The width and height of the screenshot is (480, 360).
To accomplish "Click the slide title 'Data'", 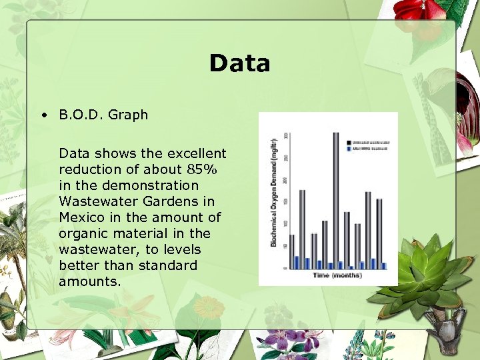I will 239,63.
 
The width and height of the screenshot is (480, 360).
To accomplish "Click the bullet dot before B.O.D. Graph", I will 43,115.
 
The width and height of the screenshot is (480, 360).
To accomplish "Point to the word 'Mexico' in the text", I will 81,217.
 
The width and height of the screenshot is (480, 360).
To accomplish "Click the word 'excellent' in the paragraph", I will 196,153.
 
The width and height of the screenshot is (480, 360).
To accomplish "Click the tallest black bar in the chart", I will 335,200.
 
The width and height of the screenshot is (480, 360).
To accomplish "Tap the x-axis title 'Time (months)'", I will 337,275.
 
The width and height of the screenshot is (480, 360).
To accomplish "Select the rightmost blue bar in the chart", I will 384,265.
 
